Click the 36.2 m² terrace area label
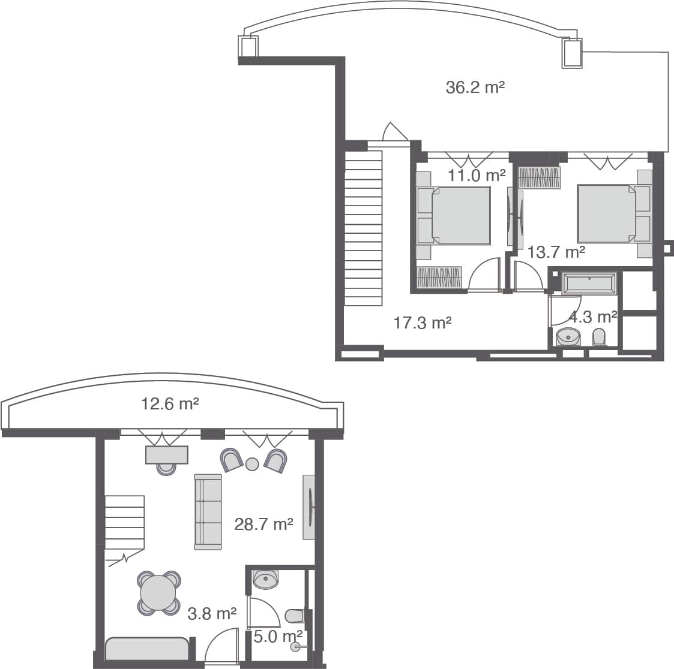point(475,88)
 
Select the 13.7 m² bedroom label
point(556,252)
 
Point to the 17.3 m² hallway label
point(422,323)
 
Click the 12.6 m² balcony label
point(170,403)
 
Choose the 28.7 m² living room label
point(263,525)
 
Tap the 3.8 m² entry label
point(212,614)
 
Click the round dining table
point(158,593)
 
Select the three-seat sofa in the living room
point(208,511)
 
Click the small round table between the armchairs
point(252,463)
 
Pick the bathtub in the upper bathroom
point(589,282)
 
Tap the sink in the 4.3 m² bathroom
point(568,337)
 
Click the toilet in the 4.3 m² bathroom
point(599,337)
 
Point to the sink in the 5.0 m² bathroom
point(266,578)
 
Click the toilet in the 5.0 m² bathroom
point(295,616)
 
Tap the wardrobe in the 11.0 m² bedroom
point(439,277)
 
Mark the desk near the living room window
point(166,455)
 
